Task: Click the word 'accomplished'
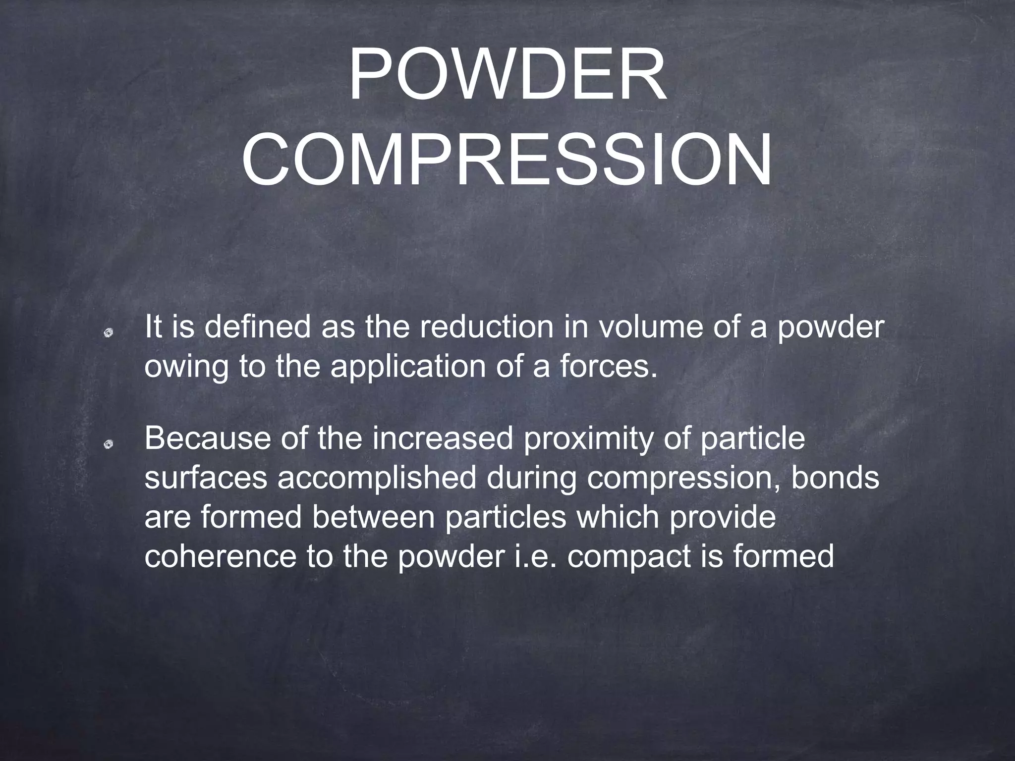click(x=377, y=479)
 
